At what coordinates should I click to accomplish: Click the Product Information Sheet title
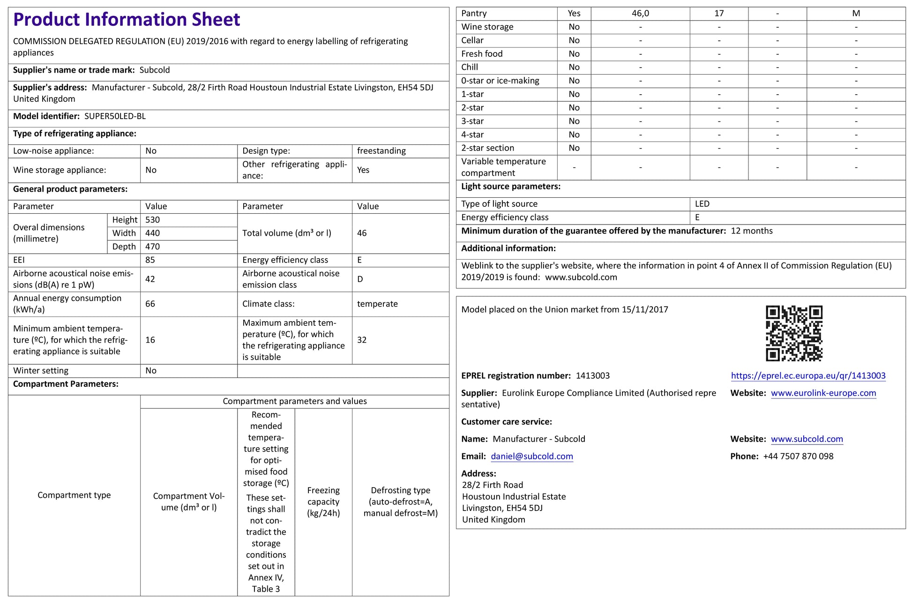[x=127, y=20]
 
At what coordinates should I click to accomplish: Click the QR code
[x=794, y=333]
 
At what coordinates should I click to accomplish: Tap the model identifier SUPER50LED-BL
[x=115, y=116]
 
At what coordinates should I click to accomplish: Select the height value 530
[x=153, y=220]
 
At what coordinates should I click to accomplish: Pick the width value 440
[x=153, y=233]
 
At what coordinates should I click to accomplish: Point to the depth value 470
[x=153, y=247]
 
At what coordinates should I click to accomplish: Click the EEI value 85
[x=150, y=260]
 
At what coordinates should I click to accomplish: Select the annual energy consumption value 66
[x=150, y=304]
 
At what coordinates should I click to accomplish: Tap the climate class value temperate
[x=377, y=304]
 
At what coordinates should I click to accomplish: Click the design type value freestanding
[x=381, y=151]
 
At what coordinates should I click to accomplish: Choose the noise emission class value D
[x=360, y=279]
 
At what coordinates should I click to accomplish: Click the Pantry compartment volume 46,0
[x=640, y=14]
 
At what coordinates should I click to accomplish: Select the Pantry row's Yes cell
[x=574, y=14]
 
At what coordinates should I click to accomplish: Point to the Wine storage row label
[x=487, y=27]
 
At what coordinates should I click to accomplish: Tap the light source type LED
[x=702, y=204]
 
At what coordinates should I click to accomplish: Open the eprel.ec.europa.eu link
[x=808, y=376]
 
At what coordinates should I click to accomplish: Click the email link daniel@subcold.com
[x=532, y=456]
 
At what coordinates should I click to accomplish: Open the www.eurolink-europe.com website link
[x=823, y=393]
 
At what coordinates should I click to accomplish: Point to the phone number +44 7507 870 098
[x=798, y=456]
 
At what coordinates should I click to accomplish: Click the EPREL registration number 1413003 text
[x=593, y=376]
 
